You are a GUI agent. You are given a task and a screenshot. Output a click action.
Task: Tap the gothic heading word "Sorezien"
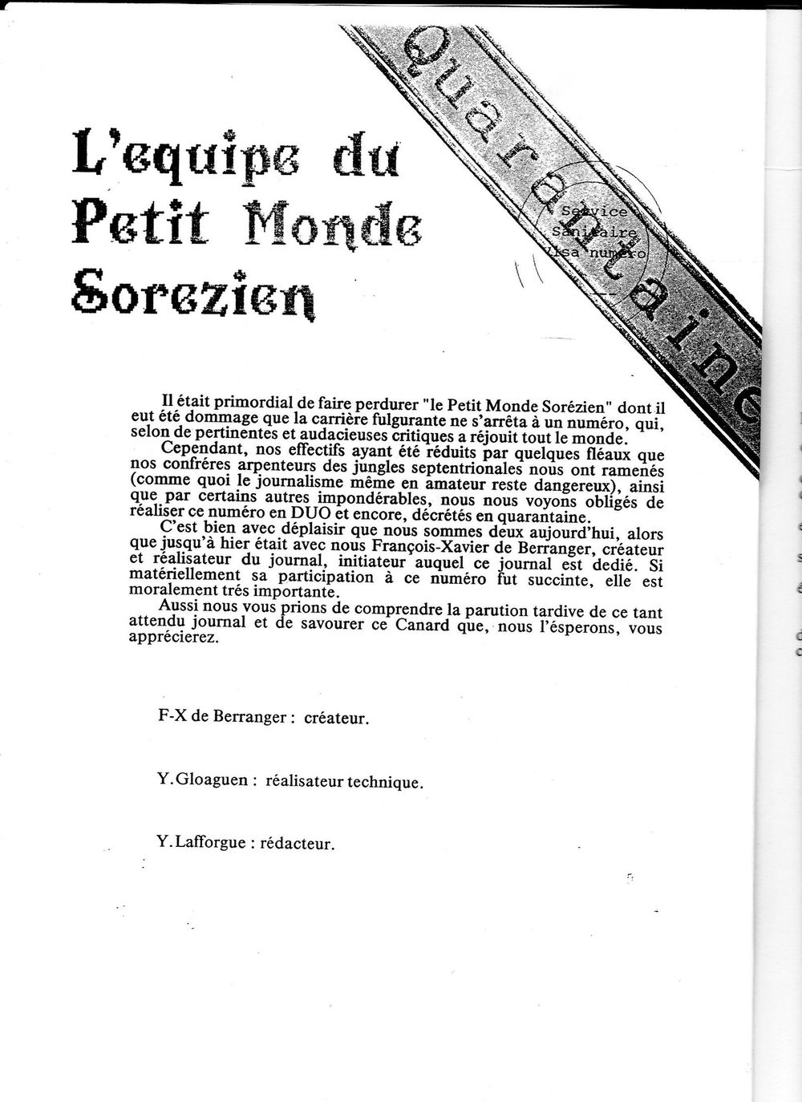coord(193,296)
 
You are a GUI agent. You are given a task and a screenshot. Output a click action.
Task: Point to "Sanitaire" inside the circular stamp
coord(594,232)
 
